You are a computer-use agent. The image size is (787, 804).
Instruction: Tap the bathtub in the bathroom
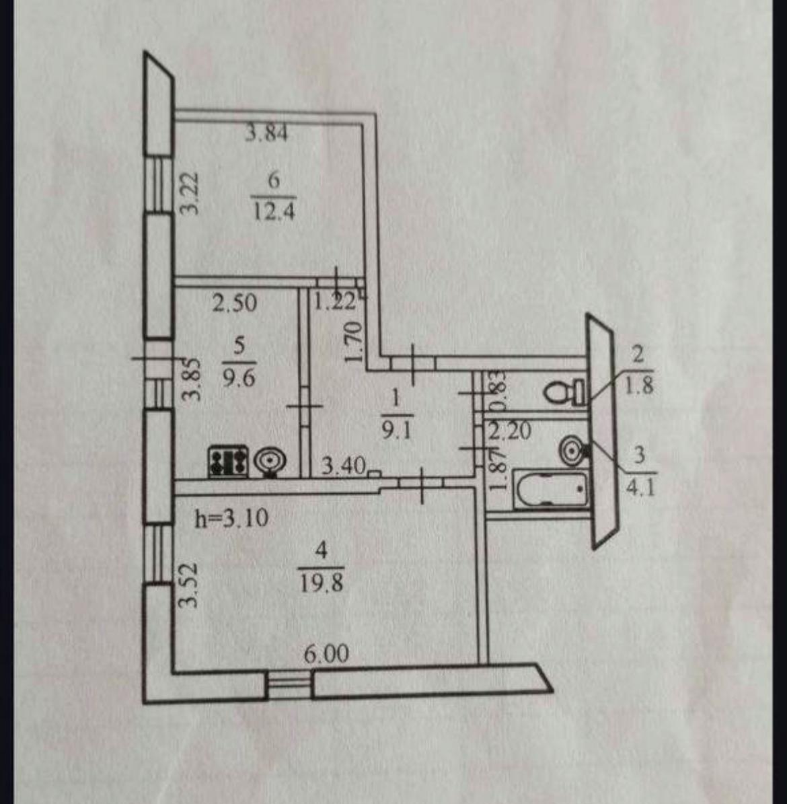[550, 490]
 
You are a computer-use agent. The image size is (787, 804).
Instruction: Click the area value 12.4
[274, 213]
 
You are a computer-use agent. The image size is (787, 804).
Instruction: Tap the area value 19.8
[322, 583]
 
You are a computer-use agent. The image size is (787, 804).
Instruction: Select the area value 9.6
[239, 379]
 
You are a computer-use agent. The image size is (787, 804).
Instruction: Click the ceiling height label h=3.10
[231, 518]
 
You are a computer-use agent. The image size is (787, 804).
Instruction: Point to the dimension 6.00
[326, 654]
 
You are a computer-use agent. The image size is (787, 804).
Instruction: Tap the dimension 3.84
[266, 133]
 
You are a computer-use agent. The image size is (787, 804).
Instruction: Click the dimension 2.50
[235, 303]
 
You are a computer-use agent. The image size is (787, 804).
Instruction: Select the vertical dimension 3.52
[191, 585]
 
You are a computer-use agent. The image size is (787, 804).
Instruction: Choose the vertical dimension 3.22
[191, 194]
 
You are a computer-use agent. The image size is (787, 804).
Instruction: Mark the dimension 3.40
[343, 465]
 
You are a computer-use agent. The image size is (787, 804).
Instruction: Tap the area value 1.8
[640, 386]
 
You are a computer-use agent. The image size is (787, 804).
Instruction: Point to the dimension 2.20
[510, 430]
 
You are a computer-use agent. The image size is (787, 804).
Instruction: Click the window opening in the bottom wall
[289, 684]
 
